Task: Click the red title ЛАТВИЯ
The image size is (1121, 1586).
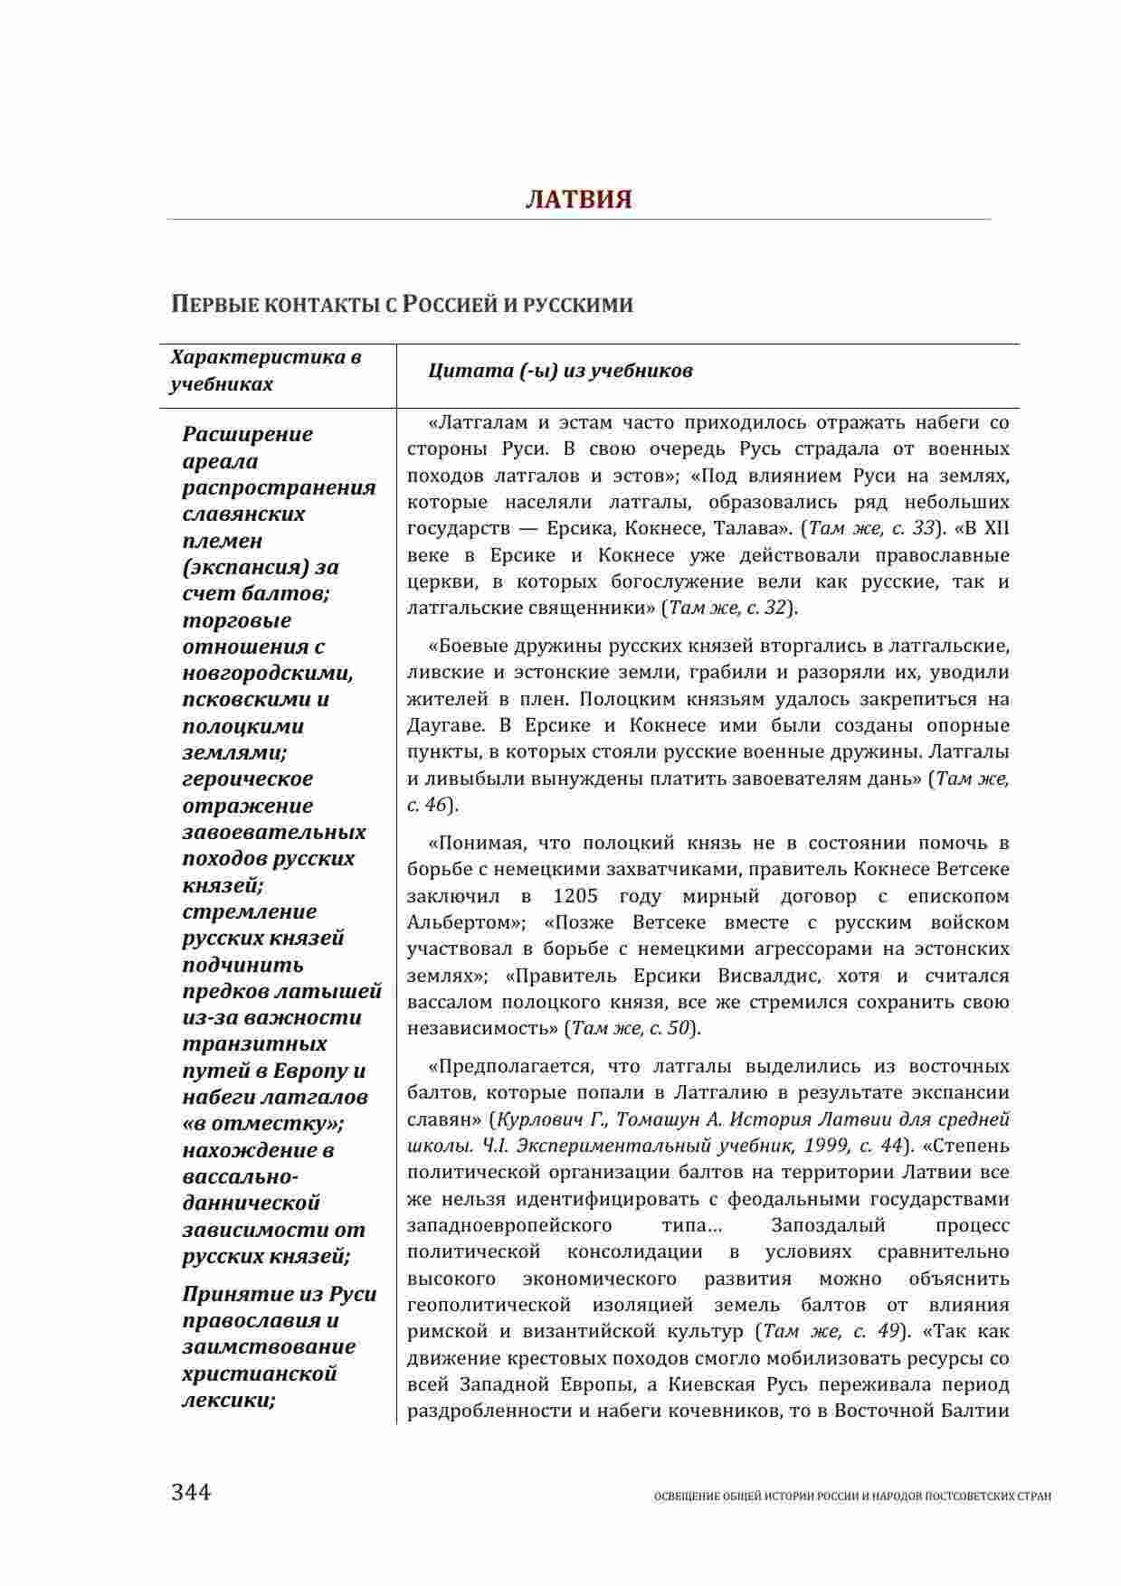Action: point(578,199)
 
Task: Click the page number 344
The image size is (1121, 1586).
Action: point(191,1492)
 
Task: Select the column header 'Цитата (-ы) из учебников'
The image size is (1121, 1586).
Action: point(560,371)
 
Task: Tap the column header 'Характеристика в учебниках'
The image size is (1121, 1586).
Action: point(266,371)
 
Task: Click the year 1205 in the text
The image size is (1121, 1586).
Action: point(574,896)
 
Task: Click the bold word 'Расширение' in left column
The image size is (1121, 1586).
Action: point(248,434)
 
